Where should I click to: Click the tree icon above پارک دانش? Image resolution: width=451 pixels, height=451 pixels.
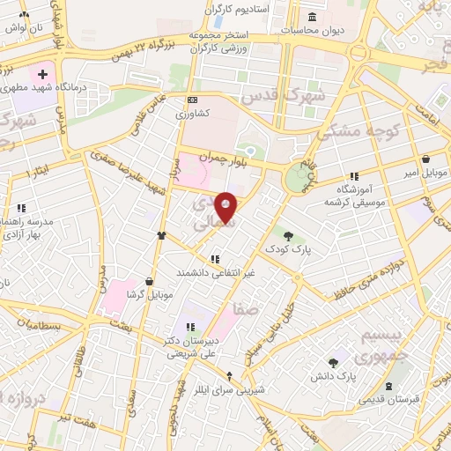click(x=332, y=362)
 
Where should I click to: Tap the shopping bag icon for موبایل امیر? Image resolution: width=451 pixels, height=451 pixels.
click(x=426, y=159)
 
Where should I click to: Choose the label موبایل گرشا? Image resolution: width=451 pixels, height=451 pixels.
click(x=122, y=293)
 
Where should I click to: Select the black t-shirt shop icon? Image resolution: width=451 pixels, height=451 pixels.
click(x=161, y=235)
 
